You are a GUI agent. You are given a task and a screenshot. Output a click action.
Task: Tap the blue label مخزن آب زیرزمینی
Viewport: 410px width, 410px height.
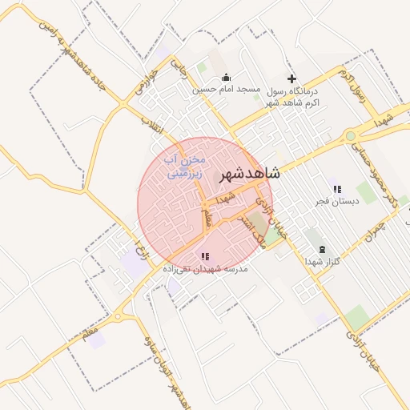(x=186, y=166)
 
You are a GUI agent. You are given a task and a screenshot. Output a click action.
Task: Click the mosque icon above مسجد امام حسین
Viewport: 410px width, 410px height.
(x=226, y=78)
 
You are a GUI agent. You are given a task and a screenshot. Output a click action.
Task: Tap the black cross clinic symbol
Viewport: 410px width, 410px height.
(x=291, y=78)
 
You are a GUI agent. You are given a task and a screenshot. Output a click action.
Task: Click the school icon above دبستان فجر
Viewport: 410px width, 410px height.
(x=336, y=189)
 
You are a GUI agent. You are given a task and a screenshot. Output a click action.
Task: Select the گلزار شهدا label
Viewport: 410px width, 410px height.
(x=323, y=261)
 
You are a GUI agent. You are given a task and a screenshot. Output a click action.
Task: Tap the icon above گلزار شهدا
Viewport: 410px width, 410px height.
(x=322, y=250)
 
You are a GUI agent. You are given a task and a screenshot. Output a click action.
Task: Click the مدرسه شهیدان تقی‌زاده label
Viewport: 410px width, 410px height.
(x=207, y=268)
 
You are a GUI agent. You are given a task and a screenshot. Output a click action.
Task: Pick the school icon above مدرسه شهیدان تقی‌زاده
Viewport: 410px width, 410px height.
(x=206, y=256)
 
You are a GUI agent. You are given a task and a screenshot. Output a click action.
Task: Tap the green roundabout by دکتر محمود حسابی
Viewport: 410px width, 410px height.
(x=350, y=136)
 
